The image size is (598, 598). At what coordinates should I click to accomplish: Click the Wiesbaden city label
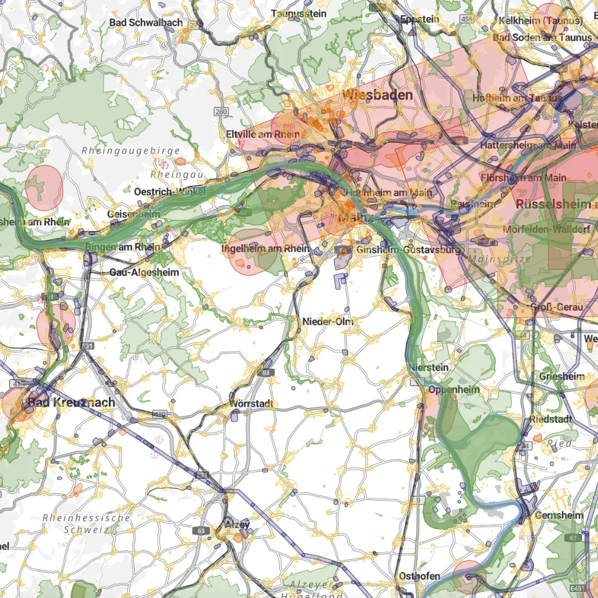click(x=378, y=95)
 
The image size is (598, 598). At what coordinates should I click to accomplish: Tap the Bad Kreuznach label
click(x=71, y=402)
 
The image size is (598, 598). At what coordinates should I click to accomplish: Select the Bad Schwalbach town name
click(x=146, y=23)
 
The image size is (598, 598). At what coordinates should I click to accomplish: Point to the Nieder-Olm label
click(x=328, y=322)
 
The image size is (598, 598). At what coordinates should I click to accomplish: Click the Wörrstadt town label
click(x=252, y=404)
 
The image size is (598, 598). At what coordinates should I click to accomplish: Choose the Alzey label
click(x=238, y=523)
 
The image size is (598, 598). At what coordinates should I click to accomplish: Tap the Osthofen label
click(x=419, y=576)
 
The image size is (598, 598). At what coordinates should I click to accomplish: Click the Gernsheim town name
click(x=559, y=515)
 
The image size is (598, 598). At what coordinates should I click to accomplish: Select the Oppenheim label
click(x=454, y=389)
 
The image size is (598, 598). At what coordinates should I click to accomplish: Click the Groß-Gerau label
click(x=556, y=307)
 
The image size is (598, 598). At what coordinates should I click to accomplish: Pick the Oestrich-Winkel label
click(x=170, y=192)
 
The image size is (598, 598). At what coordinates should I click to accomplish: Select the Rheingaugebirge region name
click(x=131, y=151)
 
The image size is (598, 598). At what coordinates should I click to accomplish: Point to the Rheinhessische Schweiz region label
click(x=87, y=523)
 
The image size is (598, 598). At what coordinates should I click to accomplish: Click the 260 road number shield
click(x=221, y=112)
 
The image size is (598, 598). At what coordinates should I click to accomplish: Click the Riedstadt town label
click(x=550, y=419)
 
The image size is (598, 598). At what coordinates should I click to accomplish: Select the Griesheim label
click(x=562, y=377)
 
